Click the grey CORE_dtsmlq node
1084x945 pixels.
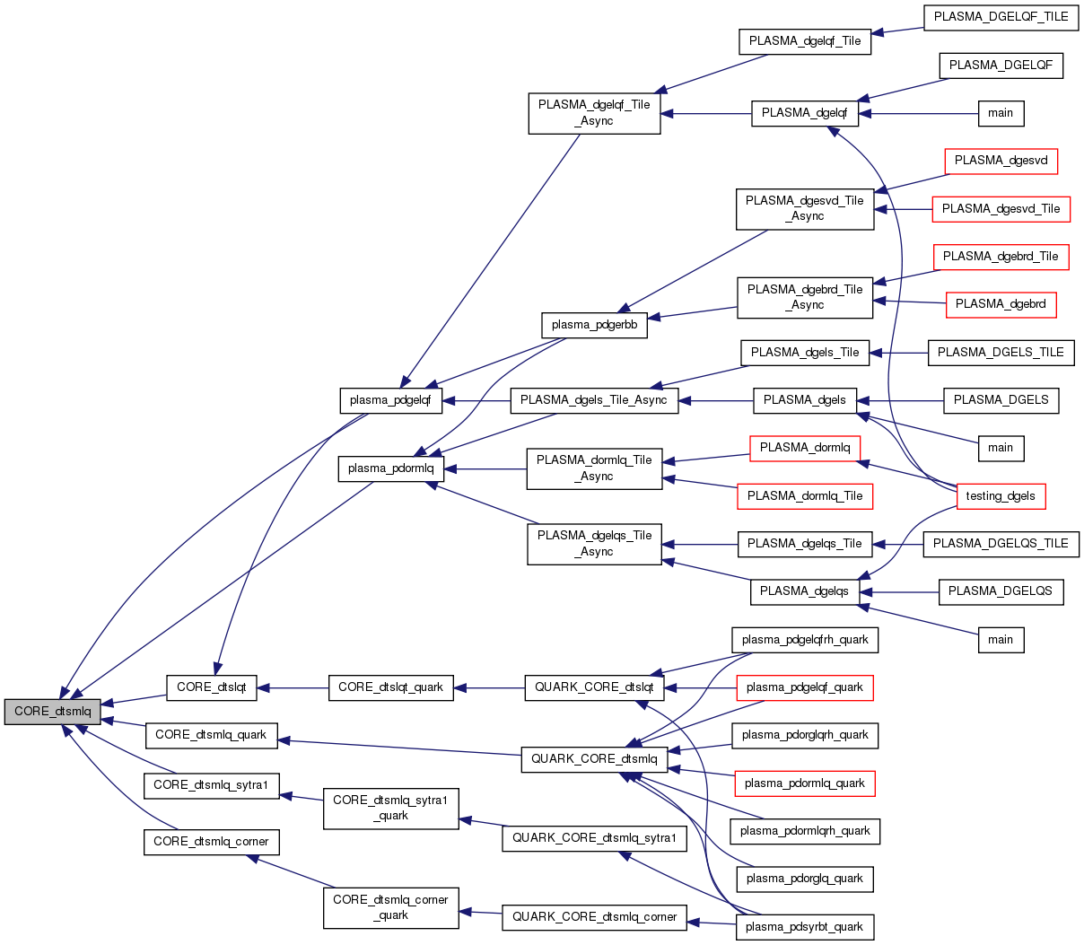(52, 711)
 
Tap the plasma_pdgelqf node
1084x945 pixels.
(390, 400)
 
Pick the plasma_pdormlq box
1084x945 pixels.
(390, 468)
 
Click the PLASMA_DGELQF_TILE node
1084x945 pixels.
(1001, 17)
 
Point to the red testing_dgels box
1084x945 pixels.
(1001, 495)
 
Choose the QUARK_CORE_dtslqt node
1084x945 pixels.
(594, 687)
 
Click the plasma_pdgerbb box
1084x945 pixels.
(594, 325)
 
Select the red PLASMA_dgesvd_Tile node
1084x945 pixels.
(1001, 209)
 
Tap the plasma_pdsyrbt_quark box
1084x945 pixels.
(804, 927)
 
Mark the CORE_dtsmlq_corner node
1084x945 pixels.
(211, 842)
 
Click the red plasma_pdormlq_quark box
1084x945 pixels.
(804, 783)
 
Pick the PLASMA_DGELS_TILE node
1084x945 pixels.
(1001, 353)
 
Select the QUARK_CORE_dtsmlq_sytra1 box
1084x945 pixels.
(594, 838)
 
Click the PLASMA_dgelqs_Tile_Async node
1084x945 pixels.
(594, 544)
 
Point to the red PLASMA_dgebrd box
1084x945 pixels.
(1001, 304)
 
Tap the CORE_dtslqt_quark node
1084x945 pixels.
(390, 687)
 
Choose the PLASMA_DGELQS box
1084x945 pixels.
(1001, 591)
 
